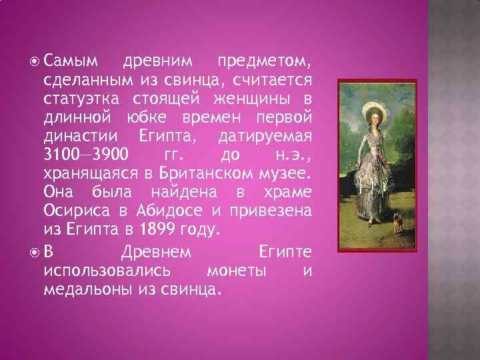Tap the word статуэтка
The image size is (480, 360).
point(81,99)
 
